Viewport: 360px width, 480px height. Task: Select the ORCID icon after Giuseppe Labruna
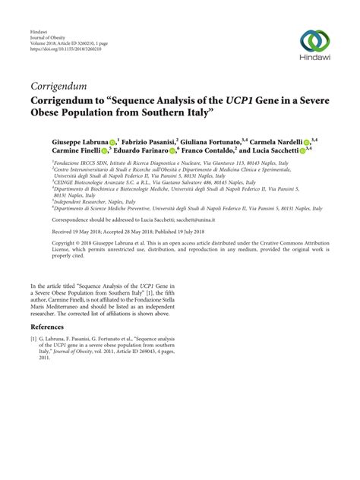pos(112,143)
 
